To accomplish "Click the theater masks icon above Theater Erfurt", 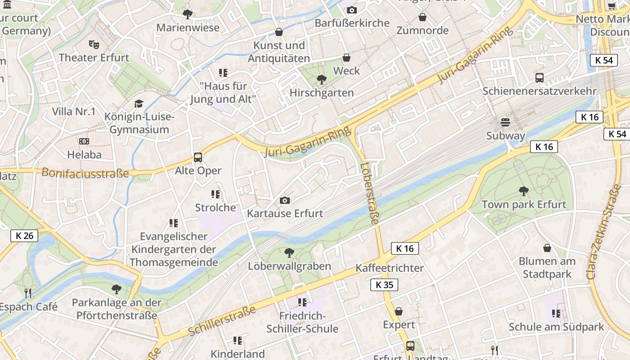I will pyautogui.click(x=94, y=44).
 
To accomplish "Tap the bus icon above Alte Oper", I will pyautogui.click(x=198, y=157).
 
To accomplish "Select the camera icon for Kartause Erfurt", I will pyautogui.click(x=285, y=200).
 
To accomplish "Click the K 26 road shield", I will pyautogui.click(x=24, y=235).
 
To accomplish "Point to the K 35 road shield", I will pyautogui.click(x=384, y=284).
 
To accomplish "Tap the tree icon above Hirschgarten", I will pyautogui.click(x=321, y=80).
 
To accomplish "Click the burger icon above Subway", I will pyautogui.click(x=505, y=122).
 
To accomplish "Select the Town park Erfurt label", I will pyautogui.click(x=524, y=204).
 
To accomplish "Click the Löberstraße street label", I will pyautogui.click(x=370, y=193).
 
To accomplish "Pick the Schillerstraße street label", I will pyautogui.click(x=222, y=321).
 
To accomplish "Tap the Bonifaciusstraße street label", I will pyautogui.click(x=85, y=173).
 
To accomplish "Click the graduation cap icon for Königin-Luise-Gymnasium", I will pyautogui.click(x=139, y=104).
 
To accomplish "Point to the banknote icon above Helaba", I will pyautogui.click(x=84, y=141).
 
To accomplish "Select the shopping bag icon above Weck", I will pyautogui.click(x=346, y=58).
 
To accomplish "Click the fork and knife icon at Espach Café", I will pyautogui.click(x=28, y=293).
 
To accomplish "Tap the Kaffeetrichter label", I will pyautogui.click(x=390, y=268).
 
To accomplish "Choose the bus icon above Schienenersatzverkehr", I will pyautogui.click(x=540, y=78).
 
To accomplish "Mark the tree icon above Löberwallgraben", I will pyautogui.click(x=289, y=253).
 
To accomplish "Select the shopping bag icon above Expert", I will pyautogui.click(x=399, y=311).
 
